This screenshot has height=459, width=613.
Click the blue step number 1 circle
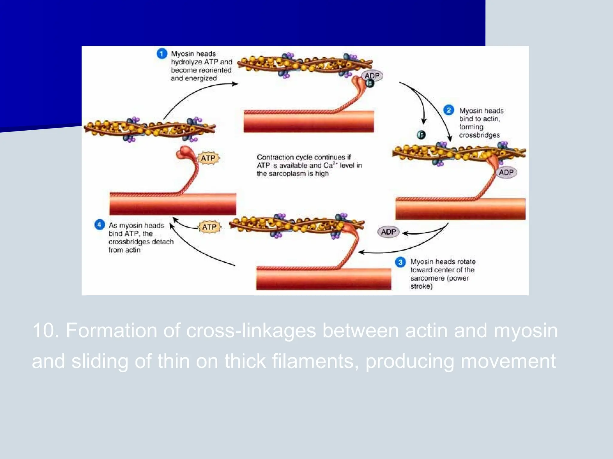[162, 54]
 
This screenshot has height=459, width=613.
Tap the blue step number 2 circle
[448, 110]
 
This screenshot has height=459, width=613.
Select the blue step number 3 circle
[400, 262]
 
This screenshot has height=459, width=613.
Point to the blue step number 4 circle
[99, 225]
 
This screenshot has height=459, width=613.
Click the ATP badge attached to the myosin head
[208, 158]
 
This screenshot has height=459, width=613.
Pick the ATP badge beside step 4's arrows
[209, 227]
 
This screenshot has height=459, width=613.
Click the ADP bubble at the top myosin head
[372, 76]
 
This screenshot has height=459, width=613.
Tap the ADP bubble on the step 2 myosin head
[506, 172]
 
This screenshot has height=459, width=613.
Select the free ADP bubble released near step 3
[389, 232]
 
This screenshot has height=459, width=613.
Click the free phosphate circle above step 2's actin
[421, 135]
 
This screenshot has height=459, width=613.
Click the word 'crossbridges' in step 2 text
[479, 135]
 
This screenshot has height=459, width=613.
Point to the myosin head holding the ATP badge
[186, 153]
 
